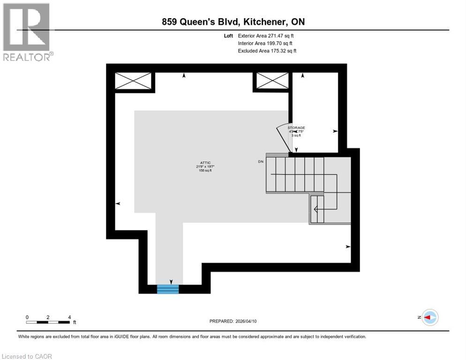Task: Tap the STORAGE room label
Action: click(296, 127)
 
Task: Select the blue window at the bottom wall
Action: click(168, 289)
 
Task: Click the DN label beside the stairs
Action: click(261, 162)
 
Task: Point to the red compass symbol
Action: click(429, 317)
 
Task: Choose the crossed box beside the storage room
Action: click(272, 81)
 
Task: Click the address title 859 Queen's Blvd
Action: click(233, 22)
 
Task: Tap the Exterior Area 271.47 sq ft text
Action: click(266, 36)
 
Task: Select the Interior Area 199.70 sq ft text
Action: click(265, 43)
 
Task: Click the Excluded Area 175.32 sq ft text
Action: click(267, 51)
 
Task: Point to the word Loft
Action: click(228, 36)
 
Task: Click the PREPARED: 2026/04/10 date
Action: click(233, 321)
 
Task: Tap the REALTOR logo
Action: click(27, 31)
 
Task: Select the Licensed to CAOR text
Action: click(27, 356)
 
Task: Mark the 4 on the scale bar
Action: click(69, 317)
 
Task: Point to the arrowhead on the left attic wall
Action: click(118, 203)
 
